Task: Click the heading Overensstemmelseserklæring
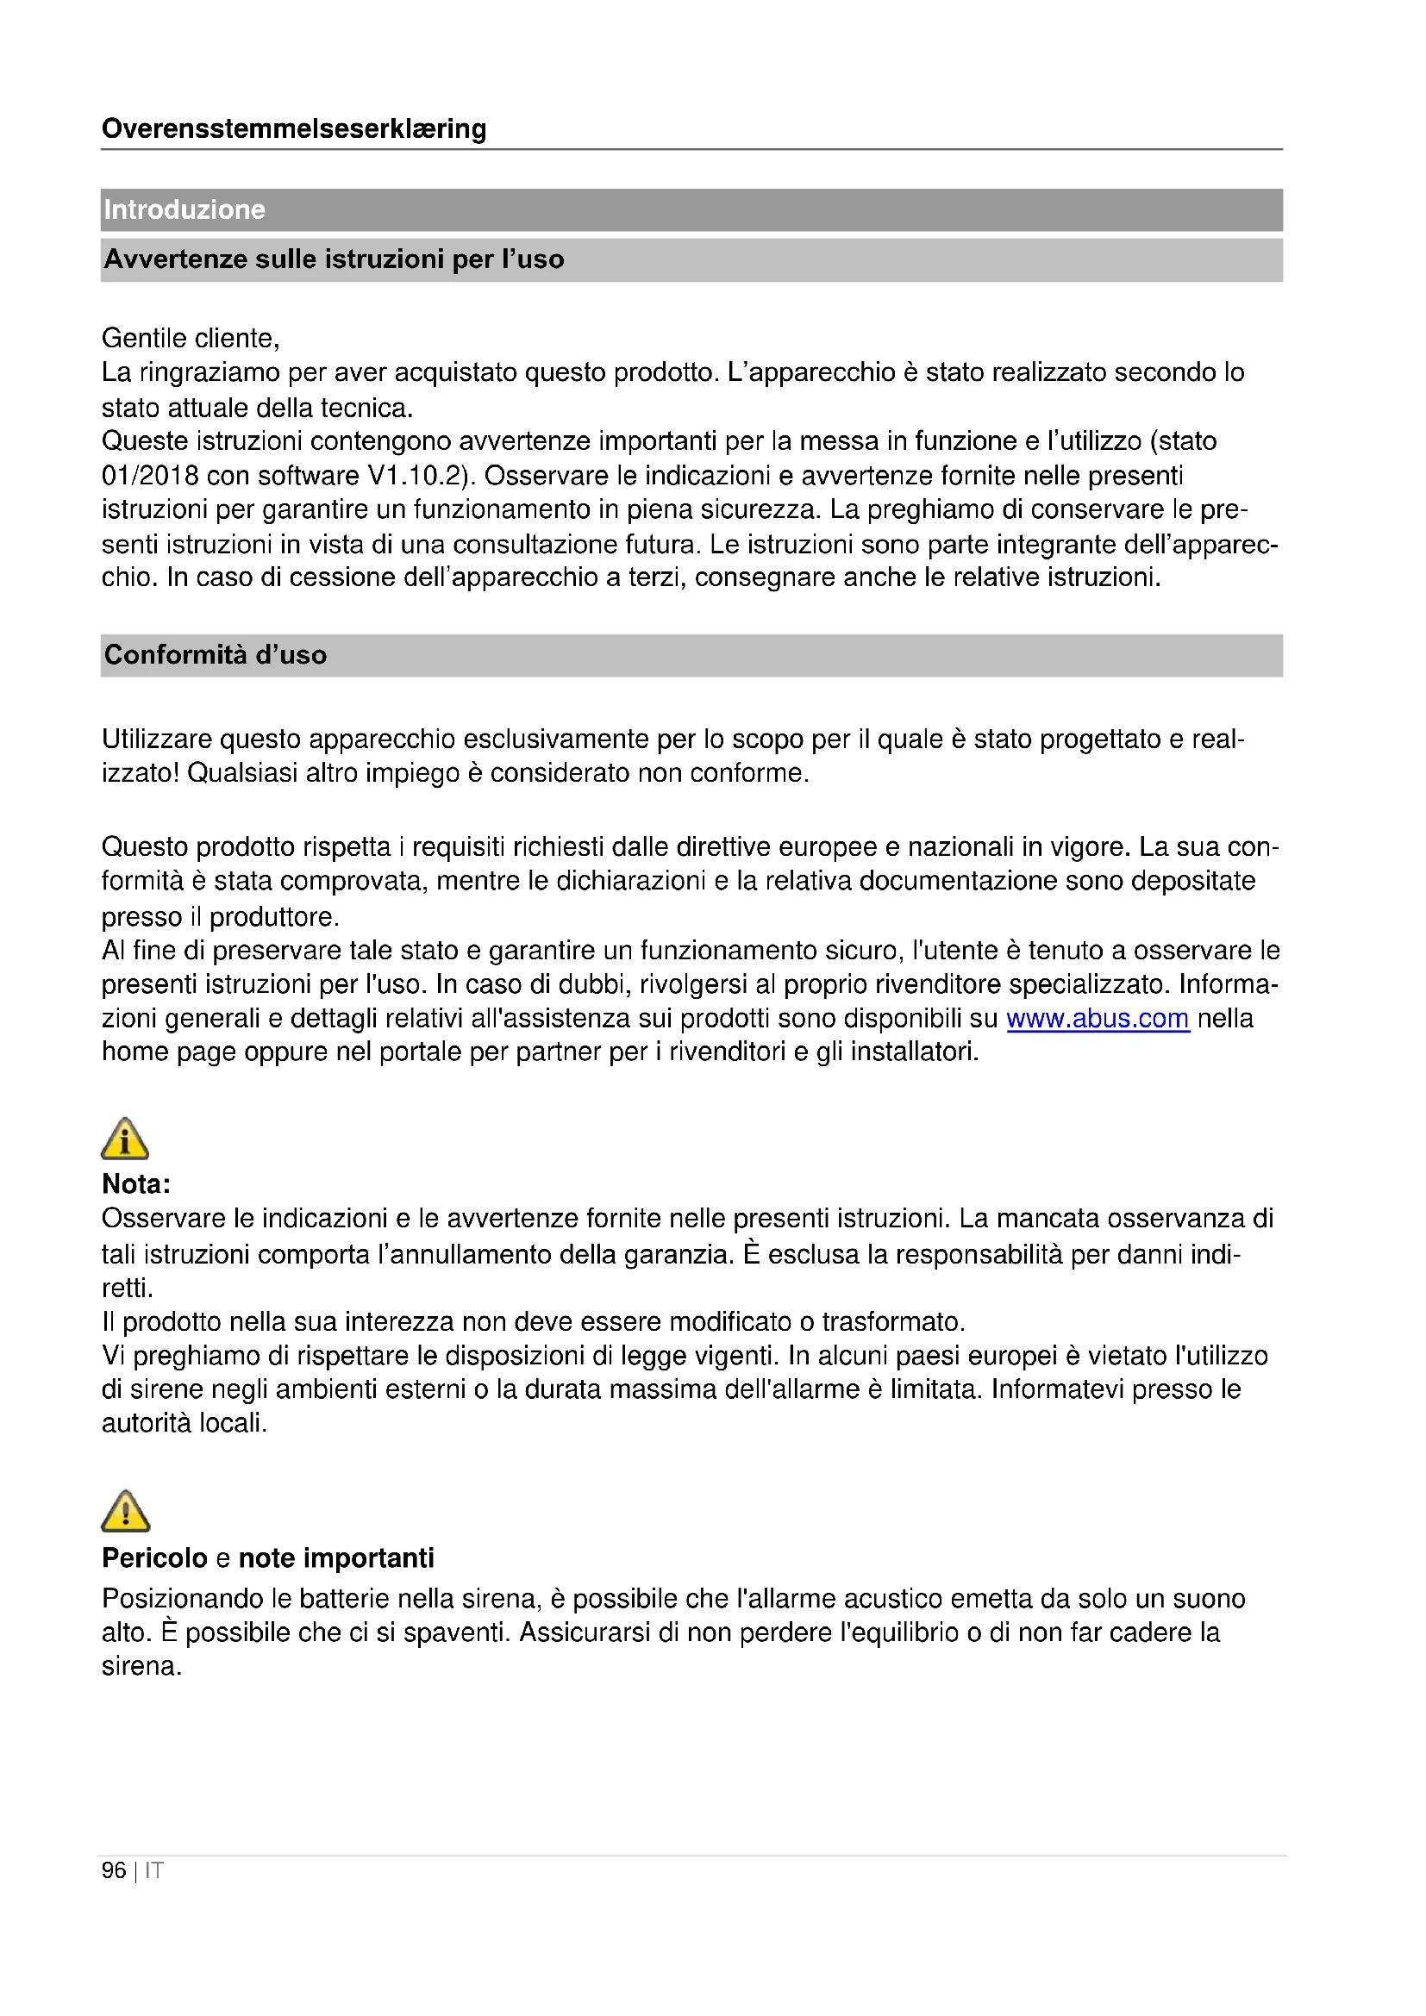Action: [293, 129]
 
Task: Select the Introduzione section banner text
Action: [185, 209]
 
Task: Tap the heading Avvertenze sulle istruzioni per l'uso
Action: [334, 260]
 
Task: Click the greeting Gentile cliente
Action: [191, 338]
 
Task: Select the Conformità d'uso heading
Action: [216, 655]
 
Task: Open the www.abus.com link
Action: [1098, 1019]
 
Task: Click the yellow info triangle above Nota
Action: [125, 1139]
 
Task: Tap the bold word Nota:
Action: [136, 1184]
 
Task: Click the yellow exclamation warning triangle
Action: [126, 1511]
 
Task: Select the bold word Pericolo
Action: [154, 1557]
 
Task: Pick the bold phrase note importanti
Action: [336, 1557]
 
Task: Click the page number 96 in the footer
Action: [114, 1870]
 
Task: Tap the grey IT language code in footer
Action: [153, 1870]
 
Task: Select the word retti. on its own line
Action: [128, 1288]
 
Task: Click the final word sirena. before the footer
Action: [141, 1666]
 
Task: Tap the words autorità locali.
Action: [185, 1422]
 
